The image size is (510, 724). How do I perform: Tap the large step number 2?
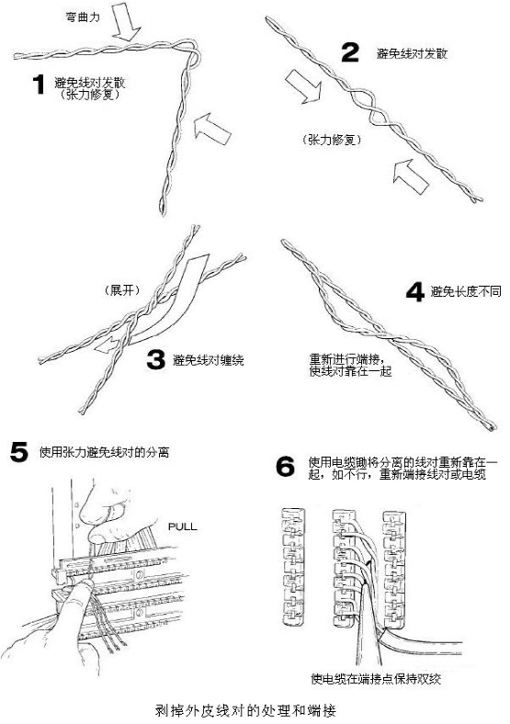coord(349,52)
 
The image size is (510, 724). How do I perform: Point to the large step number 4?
coord(415,292)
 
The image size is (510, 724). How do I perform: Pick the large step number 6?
coord(286,467)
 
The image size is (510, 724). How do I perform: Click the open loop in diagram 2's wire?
coord(357,99)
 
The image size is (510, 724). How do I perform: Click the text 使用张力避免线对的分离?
coord(104,452)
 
